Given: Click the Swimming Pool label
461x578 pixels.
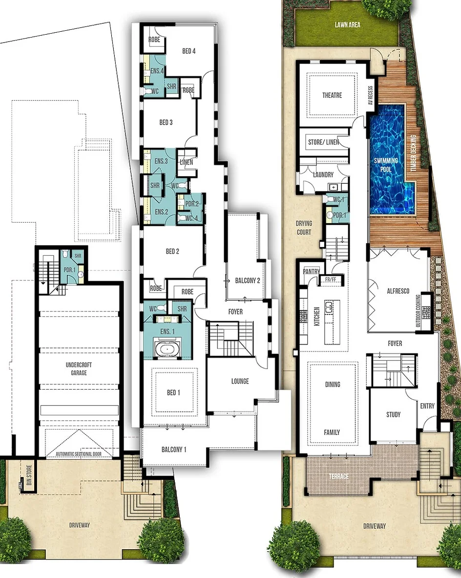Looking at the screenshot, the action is coord(386,165).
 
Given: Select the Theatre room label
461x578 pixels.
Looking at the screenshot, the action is coord(332,95).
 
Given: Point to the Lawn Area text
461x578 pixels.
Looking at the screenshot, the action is coord(347,25).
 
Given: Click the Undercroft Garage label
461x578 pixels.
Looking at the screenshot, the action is coord(79,369).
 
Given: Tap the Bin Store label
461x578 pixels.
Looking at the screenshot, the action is coord(29,475).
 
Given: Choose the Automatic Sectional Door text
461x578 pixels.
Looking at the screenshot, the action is coord(79,454).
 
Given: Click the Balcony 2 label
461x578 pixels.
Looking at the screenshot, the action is coord(248,281).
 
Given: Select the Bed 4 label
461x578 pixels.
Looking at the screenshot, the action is coord(189,51).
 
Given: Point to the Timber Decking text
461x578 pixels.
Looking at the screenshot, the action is coord(413,153).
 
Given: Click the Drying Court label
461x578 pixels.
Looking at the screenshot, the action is coord(304,227).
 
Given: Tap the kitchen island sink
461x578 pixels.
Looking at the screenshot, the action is coord(329,306).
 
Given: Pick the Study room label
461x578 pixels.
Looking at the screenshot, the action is coord(393,414).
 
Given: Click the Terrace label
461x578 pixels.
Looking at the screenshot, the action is coord(338,476).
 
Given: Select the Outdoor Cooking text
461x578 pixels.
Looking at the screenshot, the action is coord(418,310).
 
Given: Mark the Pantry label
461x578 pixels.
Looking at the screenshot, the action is coord(311,271).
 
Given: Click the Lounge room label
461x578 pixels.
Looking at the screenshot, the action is coord(240,381).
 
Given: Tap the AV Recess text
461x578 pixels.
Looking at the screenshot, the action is coord(371,95).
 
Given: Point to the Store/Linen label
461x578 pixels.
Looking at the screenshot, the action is coord(323,142).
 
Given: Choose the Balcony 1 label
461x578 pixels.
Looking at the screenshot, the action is coord(174,449).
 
